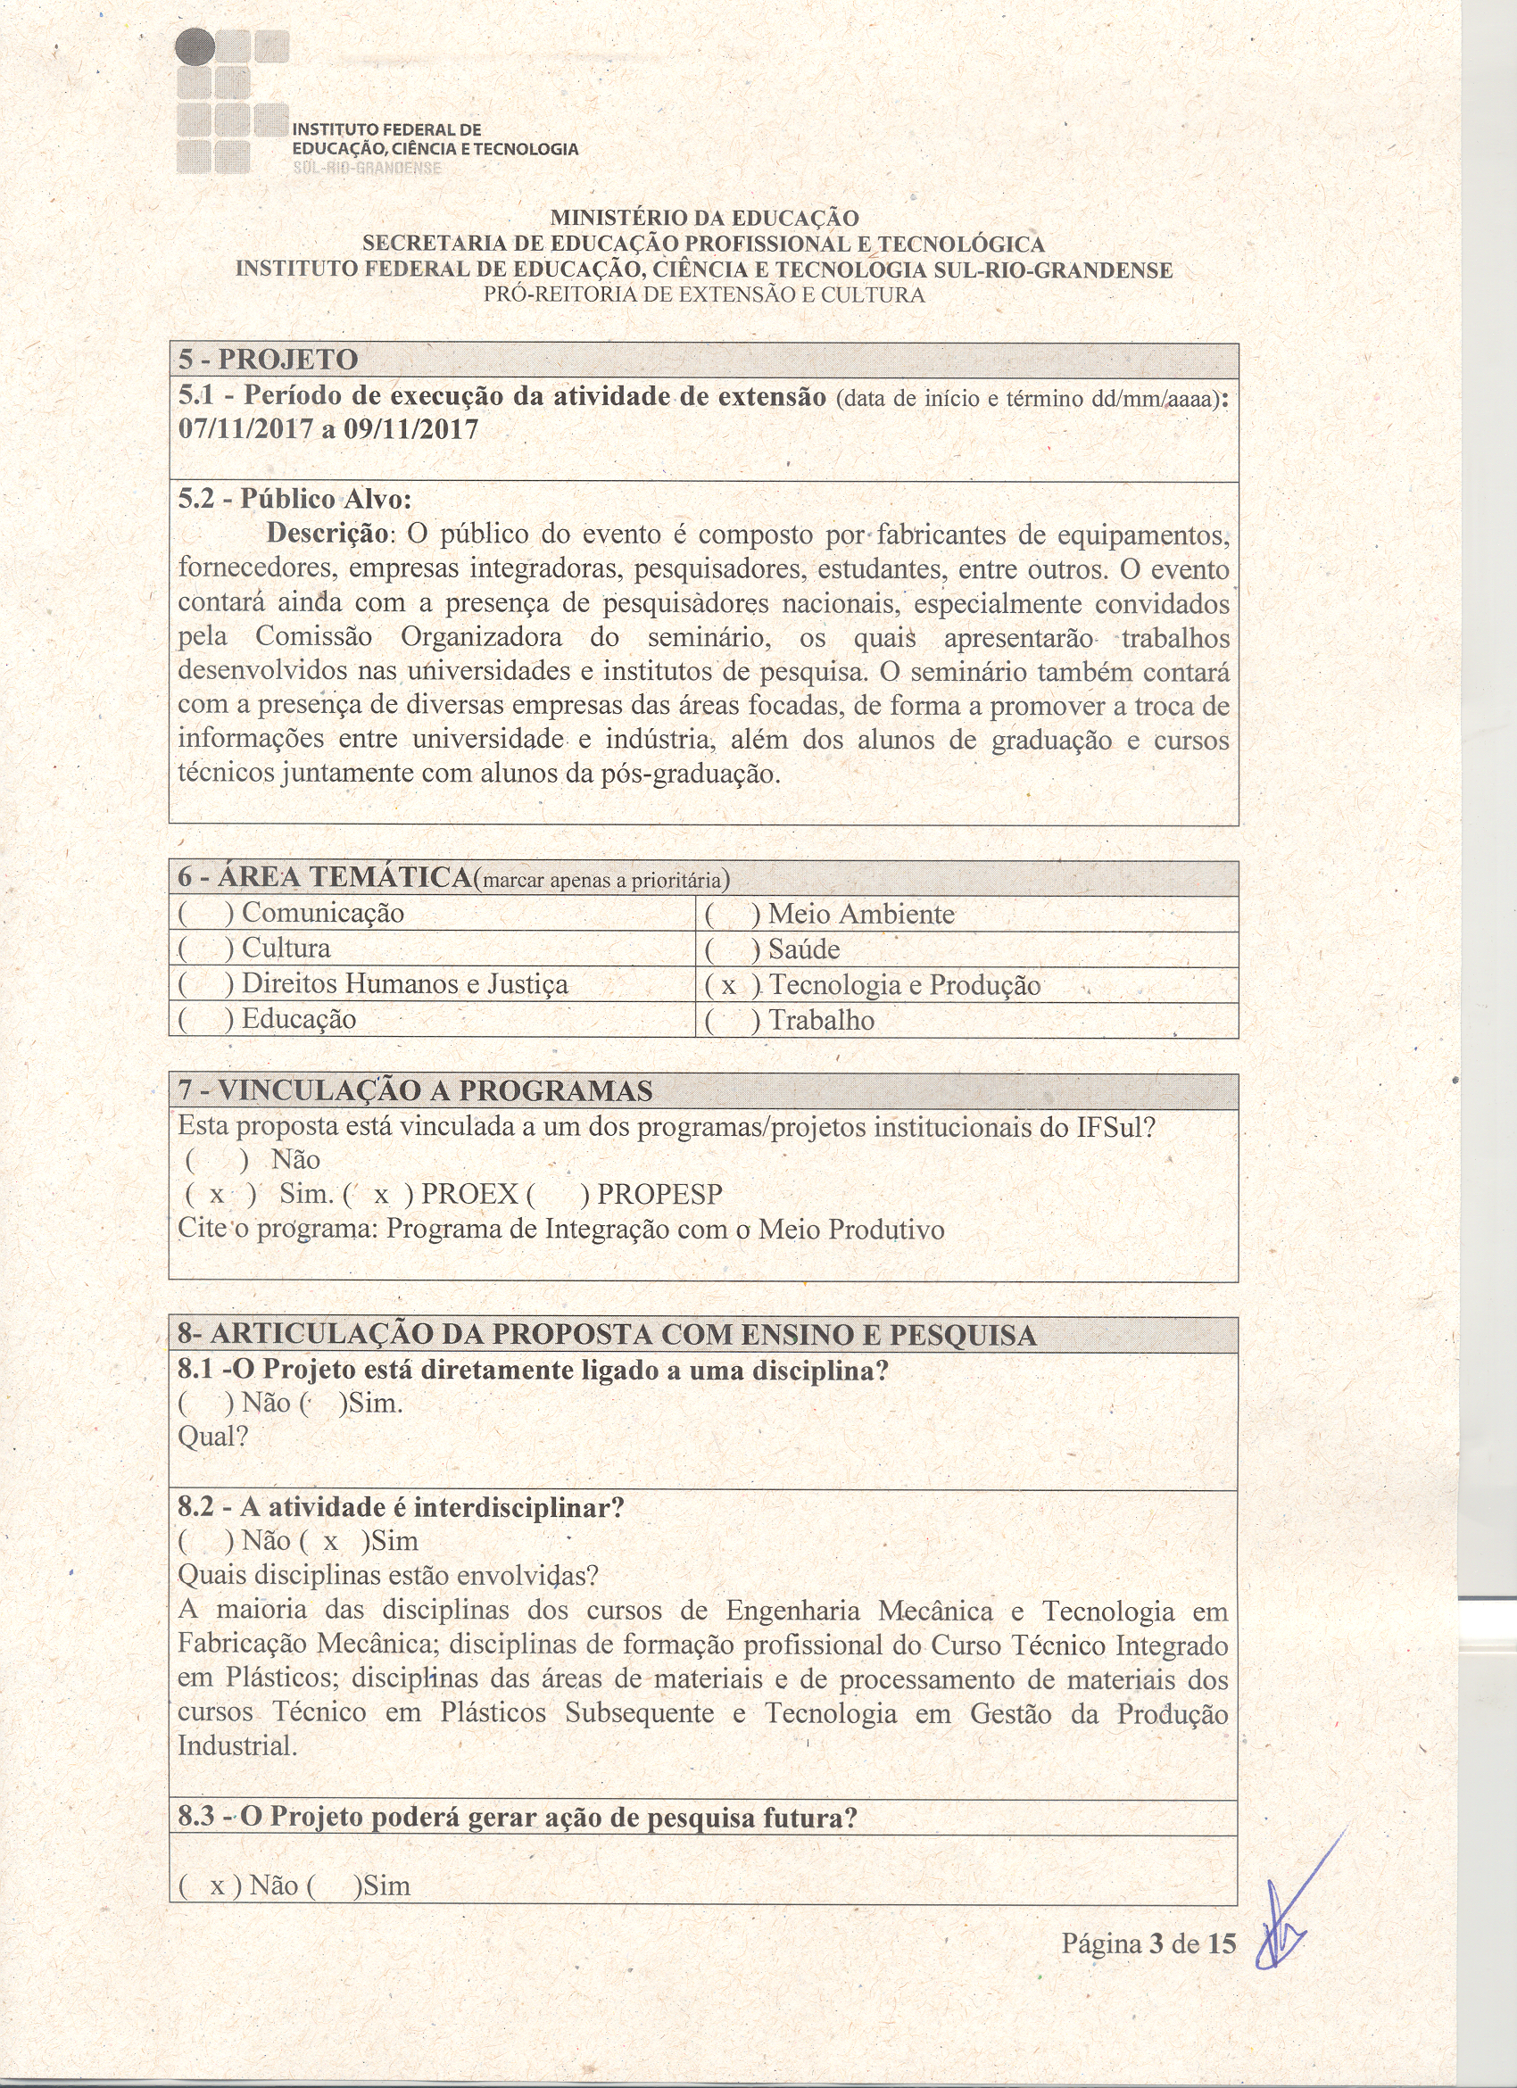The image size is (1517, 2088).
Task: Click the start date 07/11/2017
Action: [x=245, y=430]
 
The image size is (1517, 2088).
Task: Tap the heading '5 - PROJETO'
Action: [x=268, y=359]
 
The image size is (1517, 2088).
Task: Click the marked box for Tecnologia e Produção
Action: [x=729, y=986]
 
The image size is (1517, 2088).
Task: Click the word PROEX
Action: [x=469, y=1194]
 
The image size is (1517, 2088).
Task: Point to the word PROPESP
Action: [x=659, y=1194]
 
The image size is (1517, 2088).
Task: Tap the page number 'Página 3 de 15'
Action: [x=1148, y=1943]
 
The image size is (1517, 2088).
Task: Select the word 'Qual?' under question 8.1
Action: [x=212, y=1437]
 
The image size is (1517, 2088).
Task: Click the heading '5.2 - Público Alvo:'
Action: [x=294, y=499]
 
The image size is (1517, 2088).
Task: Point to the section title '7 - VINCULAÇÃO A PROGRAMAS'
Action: [x=415, y=1091]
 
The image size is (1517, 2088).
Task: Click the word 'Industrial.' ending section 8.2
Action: [x=237, y=1745]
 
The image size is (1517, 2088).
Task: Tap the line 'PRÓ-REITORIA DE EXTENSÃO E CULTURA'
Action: [x=704, y=295]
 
